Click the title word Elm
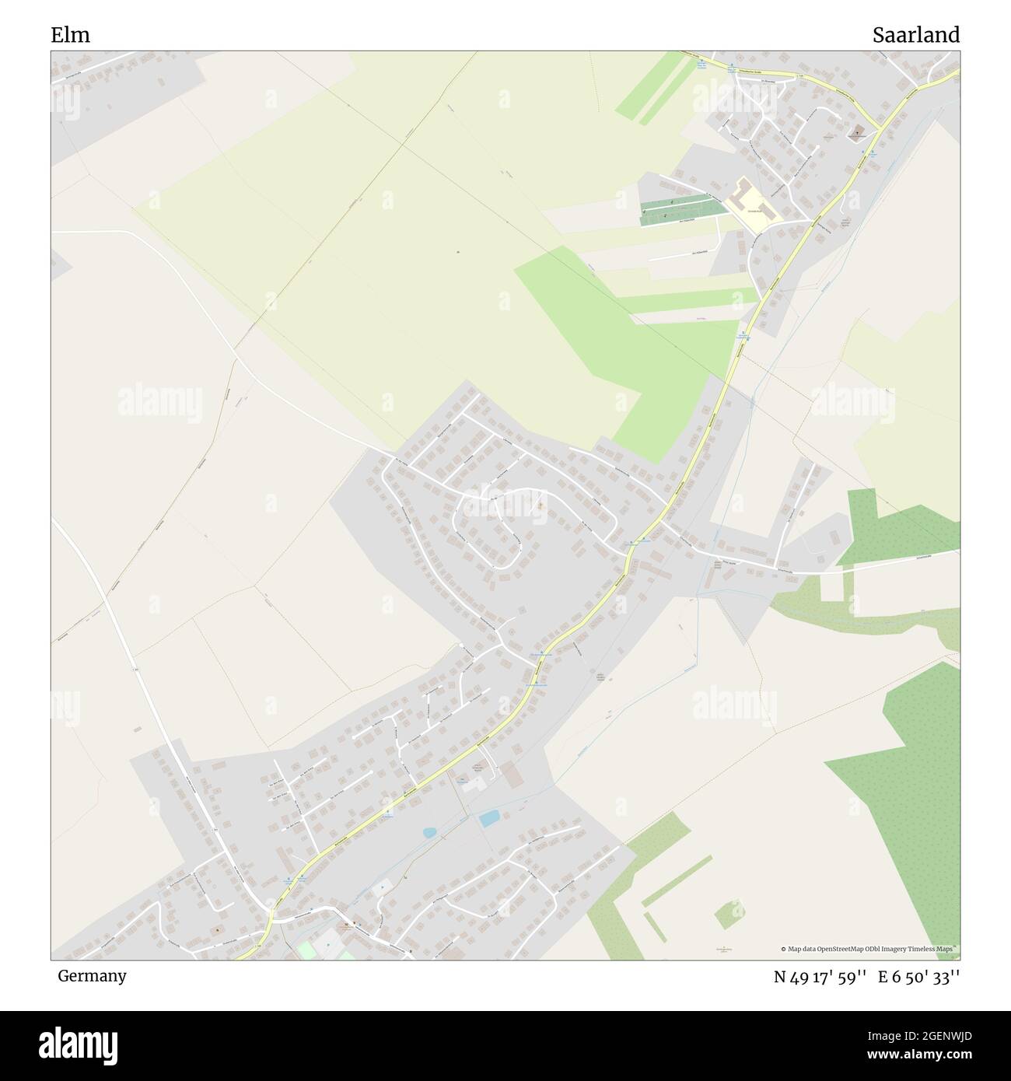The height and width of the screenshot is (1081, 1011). coord(70,35)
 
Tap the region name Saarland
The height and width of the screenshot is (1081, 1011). coord(915,35)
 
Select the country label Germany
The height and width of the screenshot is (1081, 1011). coord(91,976)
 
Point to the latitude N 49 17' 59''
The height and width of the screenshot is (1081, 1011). coord(820,978)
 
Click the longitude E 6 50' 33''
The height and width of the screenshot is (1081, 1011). coord(919,978)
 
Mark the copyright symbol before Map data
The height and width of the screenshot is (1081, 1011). coord(785,949)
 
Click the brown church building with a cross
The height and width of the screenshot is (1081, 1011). coord(859,131)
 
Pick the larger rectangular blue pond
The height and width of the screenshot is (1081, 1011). coord(489,818)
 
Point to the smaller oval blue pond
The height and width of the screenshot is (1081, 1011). coord(429,833)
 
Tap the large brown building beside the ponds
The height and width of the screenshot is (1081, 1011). coord(512,774)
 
